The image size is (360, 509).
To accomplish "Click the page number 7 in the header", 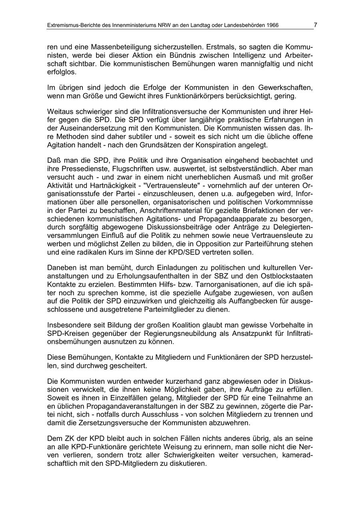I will click(315, 25).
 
